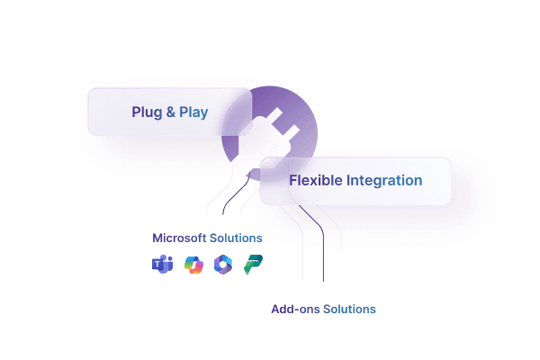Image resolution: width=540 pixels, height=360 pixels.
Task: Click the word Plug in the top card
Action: (x=146, y=112)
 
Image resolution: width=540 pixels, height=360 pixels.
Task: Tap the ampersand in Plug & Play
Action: (x=170, y=112)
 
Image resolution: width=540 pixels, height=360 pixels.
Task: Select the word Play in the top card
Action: (x=193, y=112)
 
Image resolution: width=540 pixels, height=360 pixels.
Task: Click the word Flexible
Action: (x=314, y=180)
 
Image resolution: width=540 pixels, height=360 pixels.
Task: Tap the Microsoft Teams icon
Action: (x=163, y=265)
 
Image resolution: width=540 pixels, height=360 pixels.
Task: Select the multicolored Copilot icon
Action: (x=193, y=265)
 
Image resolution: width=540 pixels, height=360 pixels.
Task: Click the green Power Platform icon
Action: (x=253, y=265)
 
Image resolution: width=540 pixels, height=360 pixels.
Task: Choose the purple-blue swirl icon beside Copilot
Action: (x=222, y=265)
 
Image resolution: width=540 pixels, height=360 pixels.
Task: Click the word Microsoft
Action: (x=178, y=238)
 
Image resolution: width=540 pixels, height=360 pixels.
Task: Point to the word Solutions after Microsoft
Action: (x=235, y=238)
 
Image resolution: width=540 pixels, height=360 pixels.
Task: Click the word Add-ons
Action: (x=295, y=310)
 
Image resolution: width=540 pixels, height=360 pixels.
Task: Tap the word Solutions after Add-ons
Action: (x=348, y=310)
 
